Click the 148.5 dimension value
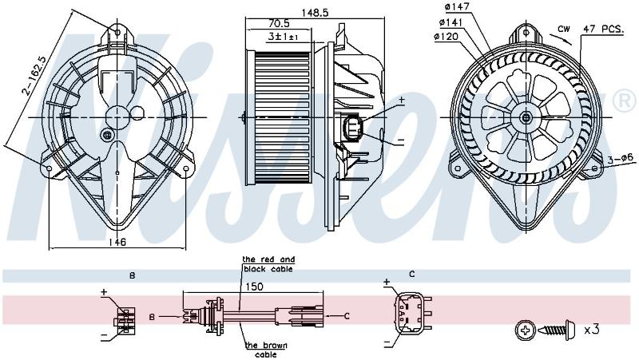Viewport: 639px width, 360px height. point(315,12)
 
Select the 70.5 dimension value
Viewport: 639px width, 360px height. point(279,24)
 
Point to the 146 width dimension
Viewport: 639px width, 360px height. point(117,242)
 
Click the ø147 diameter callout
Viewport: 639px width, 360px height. point(456,7)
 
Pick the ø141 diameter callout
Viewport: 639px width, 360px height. point(451,22)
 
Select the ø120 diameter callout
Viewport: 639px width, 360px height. point(447,37)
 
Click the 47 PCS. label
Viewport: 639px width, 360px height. point(603,30)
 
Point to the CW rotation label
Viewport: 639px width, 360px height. point(564,29)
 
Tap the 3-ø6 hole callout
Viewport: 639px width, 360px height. point(620,159)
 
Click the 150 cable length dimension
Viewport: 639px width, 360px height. point(254,287)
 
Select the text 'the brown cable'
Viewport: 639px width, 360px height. point(266,350)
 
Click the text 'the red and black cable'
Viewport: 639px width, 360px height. point(268,264)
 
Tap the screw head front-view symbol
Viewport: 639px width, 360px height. point(526,329)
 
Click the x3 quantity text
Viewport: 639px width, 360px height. point(591,329)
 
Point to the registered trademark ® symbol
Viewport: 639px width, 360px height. point(625,101)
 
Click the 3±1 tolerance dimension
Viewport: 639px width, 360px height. point(283,37)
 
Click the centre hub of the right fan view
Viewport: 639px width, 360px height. point(526,118)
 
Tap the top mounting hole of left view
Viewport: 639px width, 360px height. point(117,32)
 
